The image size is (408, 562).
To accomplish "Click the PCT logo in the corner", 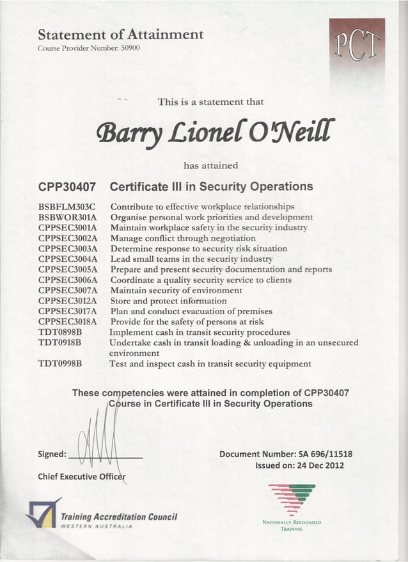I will (356, 46).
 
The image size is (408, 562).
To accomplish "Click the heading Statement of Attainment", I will (121, 35).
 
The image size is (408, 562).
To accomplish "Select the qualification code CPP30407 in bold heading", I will (67, 188).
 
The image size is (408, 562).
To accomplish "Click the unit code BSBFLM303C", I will (67, 207).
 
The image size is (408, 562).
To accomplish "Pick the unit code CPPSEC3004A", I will (67, 259).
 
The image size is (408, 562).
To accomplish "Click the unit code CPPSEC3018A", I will (67, 321).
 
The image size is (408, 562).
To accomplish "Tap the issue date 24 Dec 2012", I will (317, 465).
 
